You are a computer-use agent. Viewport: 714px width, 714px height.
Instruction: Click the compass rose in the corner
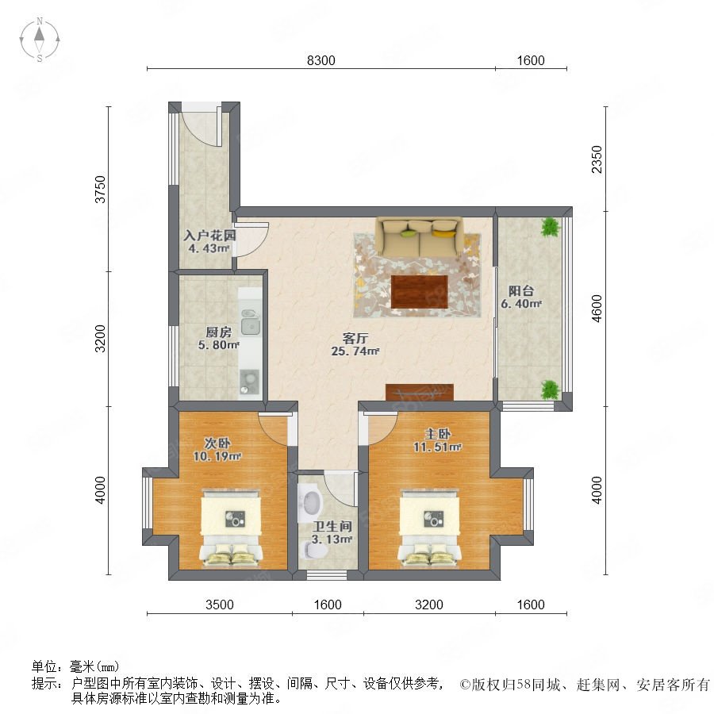[x=40, y=40]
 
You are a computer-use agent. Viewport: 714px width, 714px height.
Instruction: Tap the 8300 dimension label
[x=321, y=60]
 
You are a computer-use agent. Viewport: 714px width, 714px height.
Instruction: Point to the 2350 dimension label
[x=597, y=159]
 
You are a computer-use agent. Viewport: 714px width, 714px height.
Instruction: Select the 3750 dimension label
[x=100, y=189]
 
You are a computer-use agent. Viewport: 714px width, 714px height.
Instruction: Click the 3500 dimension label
[x=220, y=605]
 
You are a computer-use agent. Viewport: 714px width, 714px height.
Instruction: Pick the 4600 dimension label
[x=597, y=309]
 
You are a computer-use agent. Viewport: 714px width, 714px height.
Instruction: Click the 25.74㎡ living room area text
[x=355, y=351]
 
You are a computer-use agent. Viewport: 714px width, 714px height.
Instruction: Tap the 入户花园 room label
[x=209, y=236]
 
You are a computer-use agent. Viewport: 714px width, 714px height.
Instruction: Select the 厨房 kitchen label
[x=219, y=332]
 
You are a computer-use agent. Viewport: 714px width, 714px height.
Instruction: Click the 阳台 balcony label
[x=521, y=290]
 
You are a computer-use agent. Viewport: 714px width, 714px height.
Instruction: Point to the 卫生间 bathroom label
[x=332, y=527]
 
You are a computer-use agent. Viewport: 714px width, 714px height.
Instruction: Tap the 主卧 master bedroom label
[x=438, y=434]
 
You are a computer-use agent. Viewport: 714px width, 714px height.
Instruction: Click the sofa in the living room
[x=419, y=236]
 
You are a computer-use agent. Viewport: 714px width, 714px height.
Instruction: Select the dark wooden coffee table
[x=419, y=292]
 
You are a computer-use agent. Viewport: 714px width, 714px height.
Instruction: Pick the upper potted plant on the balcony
[x=551, y=227]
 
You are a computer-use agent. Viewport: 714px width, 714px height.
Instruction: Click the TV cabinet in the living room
[x=420, y=392]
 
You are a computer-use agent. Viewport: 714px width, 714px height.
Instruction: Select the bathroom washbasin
[x=310, y=502]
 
